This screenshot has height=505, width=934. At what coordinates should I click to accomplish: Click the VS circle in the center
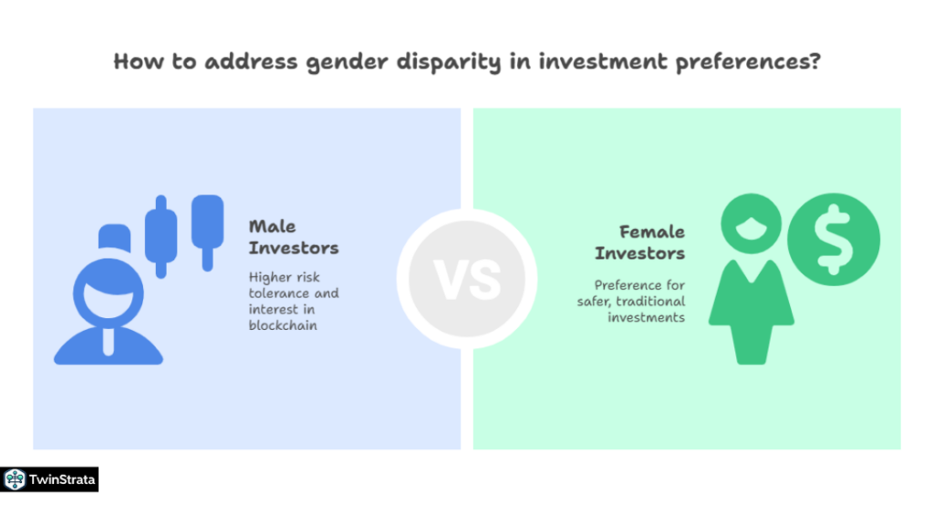point(467,279)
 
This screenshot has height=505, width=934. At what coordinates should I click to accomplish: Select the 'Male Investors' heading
point(293,237)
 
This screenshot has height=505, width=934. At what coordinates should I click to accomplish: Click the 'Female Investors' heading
point(640,242)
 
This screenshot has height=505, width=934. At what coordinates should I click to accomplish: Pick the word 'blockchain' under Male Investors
point(283,325)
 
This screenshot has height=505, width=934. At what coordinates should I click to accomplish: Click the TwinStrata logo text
point(62,479)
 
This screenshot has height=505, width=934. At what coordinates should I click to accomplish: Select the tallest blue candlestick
point(162,235)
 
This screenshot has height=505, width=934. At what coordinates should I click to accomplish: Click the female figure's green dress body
point(751,305)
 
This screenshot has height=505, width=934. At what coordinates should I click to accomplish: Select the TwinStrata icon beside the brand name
point(15,479)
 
